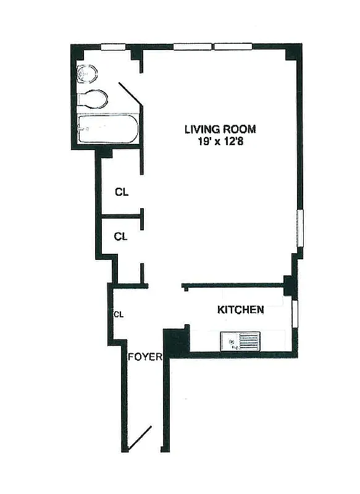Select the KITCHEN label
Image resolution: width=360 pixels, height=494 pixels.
pyautogui.click(x=241, y=310)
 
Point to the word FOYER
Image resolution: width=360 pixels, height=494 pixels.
pyautogui.click(x=144, y=357)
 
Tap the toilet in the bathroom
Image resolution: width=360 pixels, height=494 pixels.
pyautogui.click(x=93, y=99)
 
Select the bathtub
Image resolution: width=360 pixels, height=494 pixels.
pyautogui.click(x=105, y=129)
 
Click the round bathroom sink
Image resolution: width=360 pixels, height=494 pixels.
pyautogui.click(x=87, y=75)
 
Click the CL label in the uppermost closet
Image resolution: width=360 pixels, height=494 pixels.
pyautogui.click(x=122, y=192)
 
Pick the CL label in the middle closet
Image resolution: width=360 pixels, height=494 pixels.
pyautogui.click(x=122, y=236)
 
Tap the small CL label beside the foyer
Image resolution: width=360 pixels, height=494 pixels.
pyautogui.click(x=118, y=314)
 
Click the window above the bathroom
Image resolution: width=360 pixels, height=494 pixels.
pyautogui.click(x=113, y=46)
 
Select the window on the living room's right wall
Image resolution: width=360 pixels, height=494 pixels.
pyautogui.click(x=301, y=228)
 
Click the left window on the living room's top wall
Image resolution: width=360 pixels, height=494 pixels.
pyautogui.click(x=192, y=46)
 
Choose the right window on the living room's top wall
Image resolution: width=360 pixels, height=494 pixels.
pyautogui.click(x=233, y=46)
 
